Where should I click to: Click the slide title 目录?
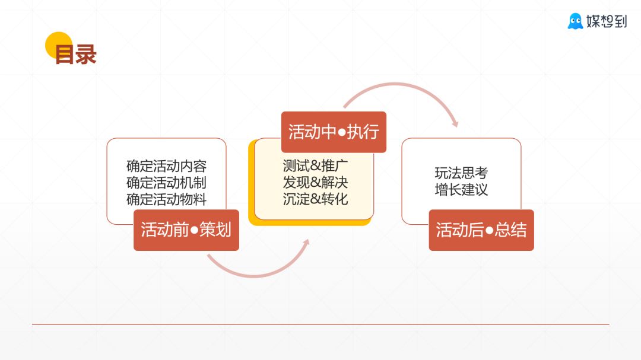pyautogui.click(x=75, y=55)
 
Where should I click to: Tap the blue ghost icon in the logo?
pyautogui.click(x=575, y=21)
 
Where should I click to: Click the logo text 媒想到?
pyautogui.click(x=605, y=22)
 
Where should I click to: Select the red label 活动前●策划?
pyautogui.click(x=186, y=230)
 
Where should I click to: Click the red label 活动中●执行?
pyautogui.click(x=334, y=132)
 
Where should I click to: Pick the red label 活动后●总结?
pyautogui.click(x=481, y=230)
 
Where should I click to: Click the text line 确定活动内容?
pyautogui.click(x=166, y=166)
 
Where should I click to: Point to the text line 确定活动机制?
pyautogui.click(x=166, y=183)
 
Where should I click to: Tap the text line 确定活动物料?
pyautogui.click(x=166, y=199)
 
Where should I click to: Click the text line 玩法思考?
pyautogui.click(x=461, y=173)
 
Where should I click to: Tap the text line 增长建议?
pyautogui.click(x=461, y=190)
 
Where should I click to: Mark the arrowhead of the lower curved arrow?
pyautogui.click(x=307, y=244)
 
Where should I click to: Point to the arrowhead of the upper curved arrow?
pyautogui.click(x=455, y=123)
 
